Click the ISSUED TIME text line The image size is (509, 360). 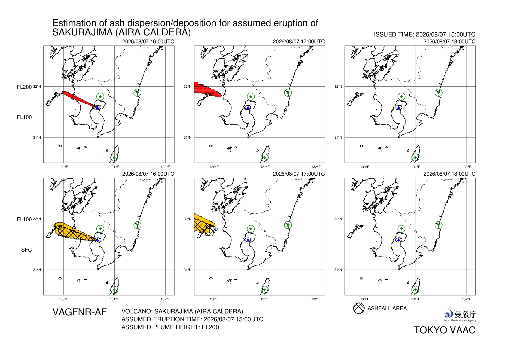click(x=425, y=35)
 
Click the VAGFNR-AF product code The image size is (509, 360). click(x=80, y=312)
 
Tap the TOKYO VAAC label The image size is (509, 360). click(x=445, y=330)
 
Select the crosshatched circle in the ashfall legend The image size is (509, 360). click(x=359, y=308)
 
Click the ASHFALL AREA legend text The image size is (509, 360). click(x=387, y=308)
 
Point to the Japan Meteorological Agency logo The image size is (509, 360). click(x=460, y=316)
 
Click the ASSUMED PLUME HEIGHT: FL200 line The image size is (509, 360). click(x=170, y=327)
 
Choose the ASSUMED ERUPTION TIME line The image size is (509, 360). click(x=192, y=319)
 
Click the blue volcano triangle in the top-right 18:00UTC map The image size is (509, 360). click(x=398, y=108)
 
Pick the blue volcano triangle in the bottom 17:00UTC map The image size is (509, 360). click(x=248, y=240)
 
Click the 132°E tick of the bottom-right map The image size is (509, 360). click(x=466, y=299)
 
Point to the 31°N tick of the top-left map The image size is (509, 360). click(x=37, y=138)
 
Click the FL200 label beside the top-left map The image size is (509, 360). click(x=24, y=87)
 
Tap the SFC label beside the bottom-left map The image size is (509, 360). click(x=26, y=250)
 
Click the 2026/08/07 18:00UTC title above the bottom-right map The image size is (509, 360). click(x=449, y=174)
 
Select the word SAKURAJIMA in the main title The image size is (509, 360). click(x=83, y=32)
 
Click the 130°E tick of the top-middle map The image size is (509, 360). click(x=214, y=167)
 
